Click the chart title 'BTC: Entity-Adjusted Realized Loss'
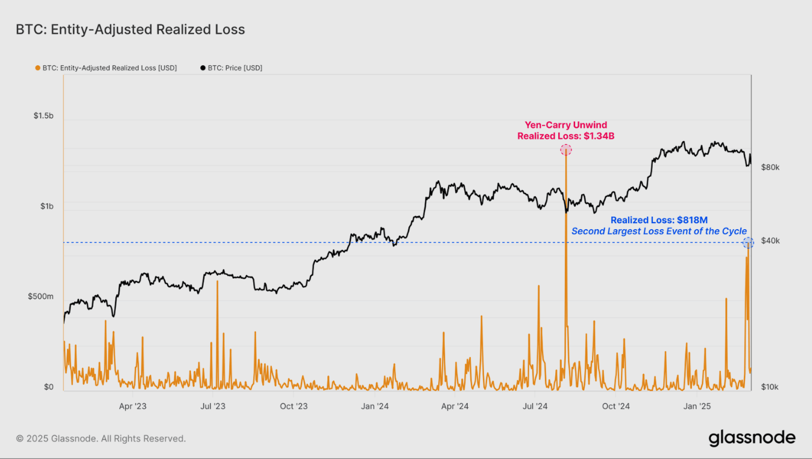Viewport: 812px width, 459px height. [x=130, y=30]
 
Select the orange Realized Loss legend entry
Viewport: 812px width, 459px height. [x=106, y=68]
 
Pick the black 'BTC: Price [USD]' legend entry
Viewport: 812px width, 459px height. [x=231, y=68]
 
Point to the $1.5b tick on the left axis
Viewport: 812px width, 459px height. [x=43, y=116]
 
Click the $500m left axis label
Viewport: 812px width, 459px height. [x=40, y=297]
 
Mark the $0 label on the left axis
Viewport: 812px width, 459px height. [x=48, y=387]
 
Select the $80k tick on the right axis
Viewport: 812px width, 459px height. [x=770, y=167]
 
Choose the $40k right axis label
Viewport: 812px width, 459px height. [x=770, y=241]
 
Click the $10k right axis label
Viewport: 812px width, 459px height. [x=770, y=387]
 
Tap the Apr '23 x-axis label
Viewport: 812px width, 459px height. [x=133, y=407]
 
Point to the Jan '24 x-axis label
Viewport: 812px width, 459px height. [x=375, y=407]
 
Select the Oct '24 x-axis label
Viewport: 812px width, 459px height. [x=615, y=407]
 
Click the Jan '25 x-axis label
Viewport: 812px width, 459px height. [x=697, y=407]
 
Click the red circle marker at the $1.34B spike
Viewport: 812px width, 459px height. [x=565, y=150]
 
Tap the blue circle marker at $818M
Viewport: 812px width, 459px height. [x=748, y=242]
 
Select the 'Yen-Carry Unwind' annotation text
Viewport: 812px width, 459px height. [x=565, y=125]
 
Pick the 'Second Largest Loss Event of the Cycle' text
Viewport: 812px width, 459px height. [x=659, y=232]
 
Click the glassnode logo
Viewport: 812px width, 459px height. [x=752, y=438]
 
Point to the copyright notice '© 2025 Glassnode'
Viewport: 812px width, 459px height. [x=101, y=438]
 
